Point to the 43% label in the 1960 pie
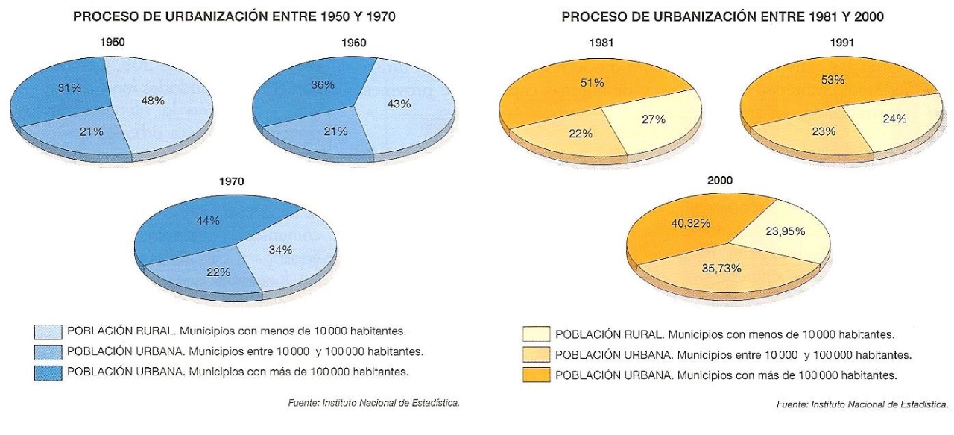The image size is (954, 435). click(399, 104)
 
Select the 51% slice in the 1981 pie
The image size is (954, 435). click(589, 90)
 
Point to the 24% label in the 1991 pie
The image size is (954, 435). click(894, 118)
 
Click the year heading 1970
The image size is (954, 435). click(231, 181)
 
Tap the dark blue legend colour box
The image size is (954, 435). click(48, 371)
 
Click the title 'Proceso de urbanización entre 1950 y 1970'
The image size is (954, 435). click(234, 16)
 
